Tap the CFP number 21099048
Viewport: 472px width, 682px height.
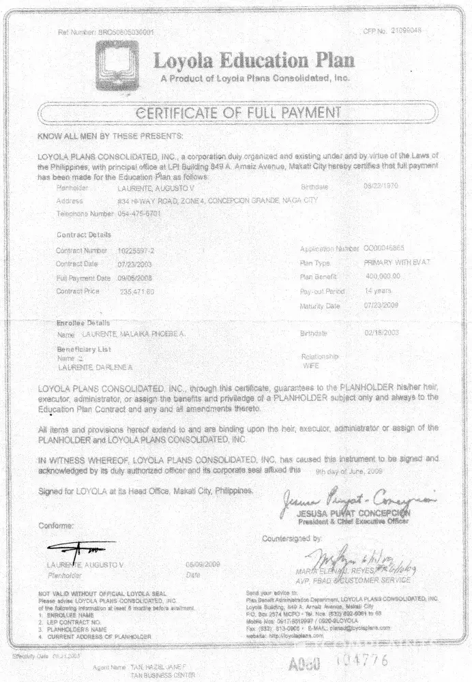click(x=407, y=31)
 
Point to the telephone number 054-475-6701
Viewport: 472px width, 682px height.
click(x=140, y=213)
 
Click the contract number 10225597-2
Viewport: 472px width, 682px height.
click(x=136, y=250)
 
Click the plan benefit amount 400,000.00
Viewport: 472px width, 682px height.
click(x=383, y=277)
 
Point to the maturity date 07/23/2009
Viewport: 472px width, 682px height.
click(x=381, y=306)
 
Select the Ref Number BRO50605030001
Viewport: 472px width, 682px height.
click(x=127, y=33)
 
